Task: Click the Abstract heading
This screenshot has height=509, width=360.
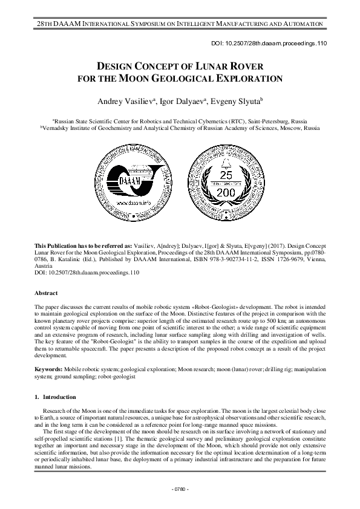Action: click(47, 293)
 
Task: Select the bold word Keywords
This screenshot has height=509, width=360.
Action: click(48, 368)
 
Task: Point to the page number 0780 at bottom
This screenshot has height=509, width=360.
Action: click(180, 488)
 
